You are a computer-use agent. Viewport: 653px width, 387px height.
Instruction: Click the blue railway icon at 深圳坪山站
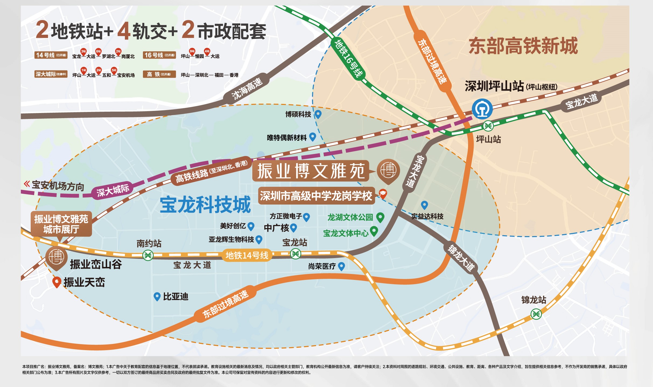click(x=482, y=109)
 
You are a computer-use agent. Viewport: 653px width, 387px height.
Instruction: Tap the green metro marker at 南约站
click(x=148, y=255)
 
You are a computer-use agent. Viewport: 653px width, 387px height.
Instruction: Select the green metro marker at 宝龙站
click(x=295, y=254)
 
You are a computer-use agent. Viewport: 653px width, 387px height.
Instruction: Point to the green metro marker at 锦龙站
click(x=536, y=314)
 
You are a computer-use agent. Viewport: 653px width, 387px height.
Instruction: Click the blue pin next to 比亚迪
click(x=157, y=296)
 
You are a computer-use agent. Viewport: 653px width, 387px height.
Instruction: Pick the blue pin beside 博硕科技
click(x=318, y=114)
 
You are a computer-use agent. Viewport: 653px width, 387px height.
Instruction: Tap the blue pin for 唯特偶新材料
click(x=312, y=137)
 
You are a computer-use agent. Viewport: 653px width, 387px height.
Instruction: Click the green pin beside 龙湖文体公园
click(x=380, y=217)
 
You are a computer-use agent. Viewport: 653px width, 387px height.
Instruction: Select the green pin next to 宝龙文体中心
click(x=374, y=231)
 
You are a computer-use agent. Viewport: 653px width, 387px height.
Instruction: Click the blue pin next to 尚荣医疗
click(x=341, y=266)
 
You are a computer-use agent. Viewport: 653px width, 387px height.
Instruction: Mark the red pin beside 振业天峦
click(x=57, y=282)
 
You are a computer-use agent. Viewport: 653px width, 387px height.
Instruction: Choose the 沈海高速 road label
click(x=247, y=89)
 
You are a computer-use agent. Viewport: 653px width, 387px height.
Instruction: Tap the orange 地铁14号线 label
click(x=247, y=255)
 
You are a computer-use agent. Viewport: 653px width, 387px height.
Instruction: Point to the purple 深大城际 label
click(x=113, y=190)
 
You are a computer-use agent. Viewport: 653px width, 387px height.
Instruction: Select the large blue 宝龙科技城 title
click(x=205, y=205)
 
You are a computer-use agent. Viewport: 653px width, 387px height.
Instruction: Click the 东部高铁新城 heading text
click(x=523, y=46)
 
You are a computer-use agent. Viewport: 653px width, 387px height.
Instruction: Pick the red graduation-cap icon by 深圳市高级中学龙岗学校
click(x=383, y=193)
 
